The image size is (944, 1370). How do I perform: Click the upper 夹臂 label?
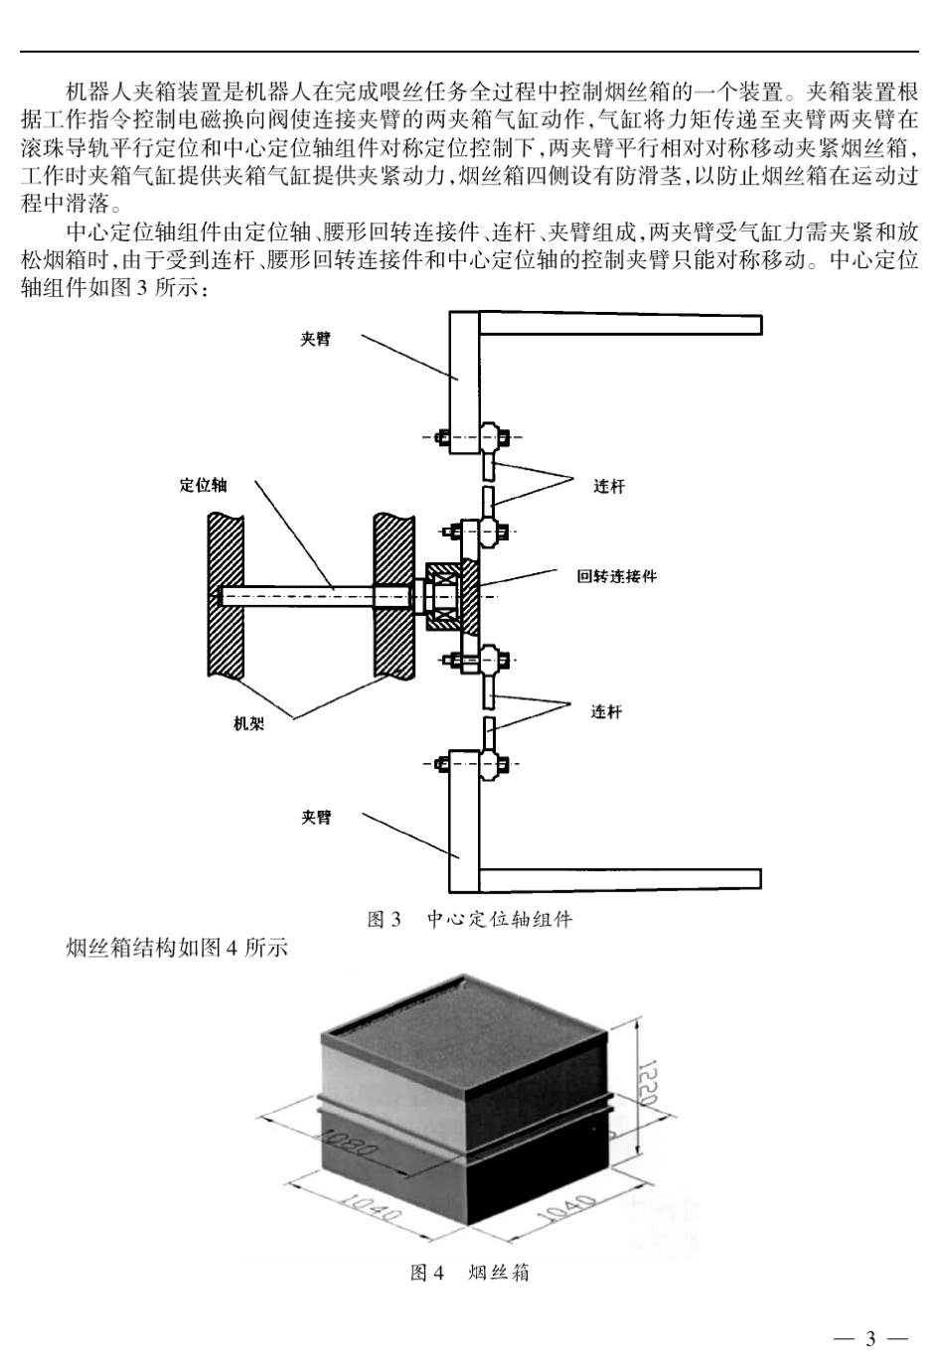click(316, 339)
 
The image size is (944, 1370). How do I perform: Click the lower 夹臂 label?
click(316, 818)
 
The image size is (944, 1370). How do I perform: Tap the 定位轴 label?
click(204, 485)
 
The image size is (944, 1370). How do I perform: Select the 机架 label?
click(248, 724)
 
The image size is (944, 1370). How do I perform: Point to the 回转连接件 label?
click(616, 576)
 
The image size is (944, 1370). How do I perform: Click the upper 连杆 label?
click(609, 486)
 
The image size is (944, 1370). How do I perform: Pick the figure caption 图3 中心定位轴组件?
click(470, 919)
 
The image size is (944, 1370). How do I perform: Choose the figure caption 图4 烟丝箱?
click(470, 1273)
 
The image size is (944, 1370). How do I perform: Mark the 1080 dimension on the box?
click(348, 1150)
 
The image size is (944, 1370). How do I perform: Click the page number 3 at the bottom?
click(870, 1338)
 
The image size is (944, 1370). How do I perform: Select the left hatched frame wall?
click(226, 596)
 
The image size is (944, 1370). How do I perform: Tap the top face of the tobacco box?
click(462, 1023)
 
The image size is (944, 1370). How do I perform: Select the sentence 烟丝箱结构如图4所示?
click(176, 948)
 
